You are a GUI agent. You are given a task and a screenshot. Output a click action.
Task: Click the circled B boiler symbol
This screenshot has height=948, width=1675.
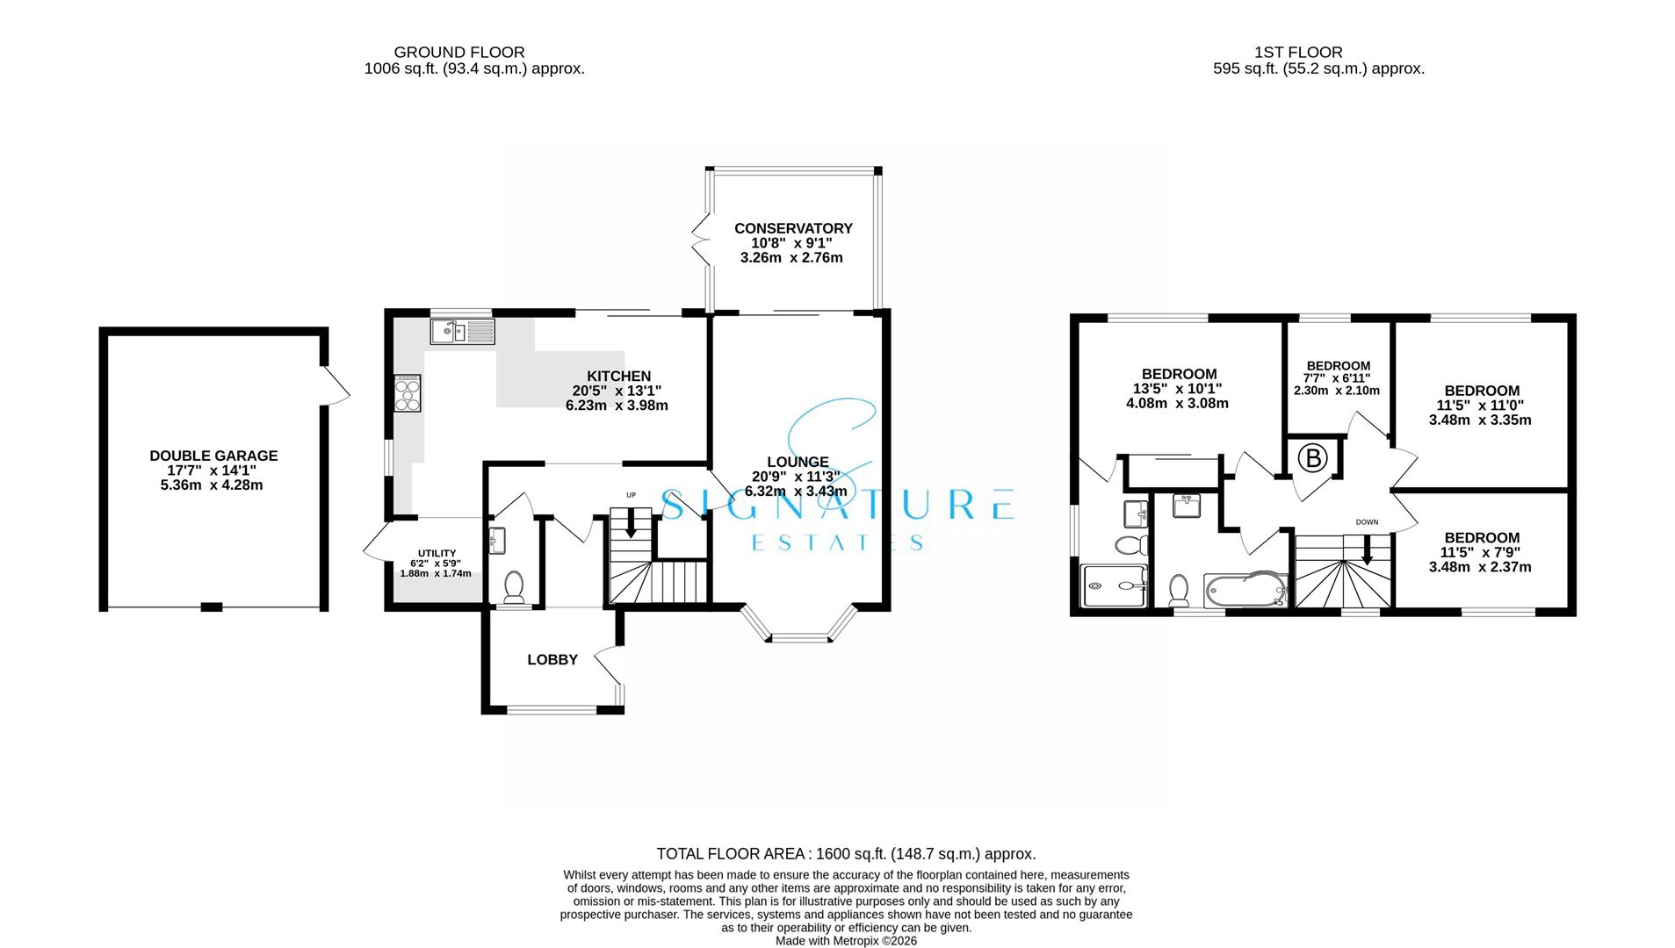(1312, 458)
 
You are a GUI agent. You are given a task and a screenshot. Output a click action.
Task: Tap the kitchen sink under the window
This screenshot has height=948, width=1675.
(462, 331)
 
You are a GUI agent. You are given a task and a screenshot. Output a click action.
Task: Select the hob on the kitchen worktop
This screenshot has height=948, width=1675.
(408, 392)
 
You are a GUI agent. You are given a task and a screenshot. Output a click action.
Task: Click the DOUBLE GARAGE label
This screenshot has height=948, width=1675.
(213, 456)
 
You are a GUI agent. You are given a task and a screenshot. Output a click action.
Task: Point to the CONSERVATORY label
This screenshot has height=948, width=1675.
(793, 228)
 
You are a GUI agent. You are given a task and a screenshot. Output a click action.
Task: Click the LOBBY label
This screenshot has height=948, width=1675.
(552, 659)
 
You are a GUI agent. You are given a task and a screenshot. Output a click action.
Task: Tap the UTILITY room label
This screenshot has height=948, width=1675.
(437, 553)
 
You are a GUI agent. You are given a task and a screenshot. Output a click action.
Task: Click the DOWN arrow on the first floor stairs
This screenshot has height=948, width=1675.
(1367, 550)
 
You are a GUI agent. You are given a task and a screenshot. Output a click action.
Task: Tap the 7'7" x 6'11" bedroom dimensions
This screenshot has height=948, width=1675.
(1337, 378)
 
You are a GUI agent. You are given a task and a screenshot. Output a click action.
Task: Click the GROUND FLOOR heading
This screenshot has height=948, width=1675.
(458, 53)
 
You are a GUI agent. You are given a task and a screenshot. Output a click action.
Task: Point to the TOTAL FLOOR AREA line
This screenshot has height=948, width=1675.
(846, 853)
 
